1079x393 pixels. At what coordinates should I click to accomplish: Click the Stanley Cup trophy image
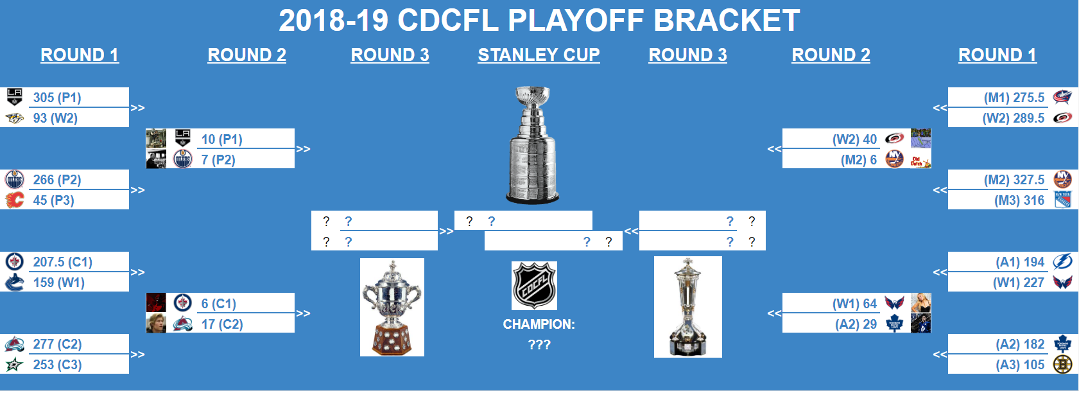(533, 144)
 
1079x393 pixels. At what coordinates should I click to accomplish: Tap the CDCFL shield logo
(534, 286)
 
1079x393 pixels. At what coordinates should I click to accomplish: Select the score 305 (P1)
(57, 98)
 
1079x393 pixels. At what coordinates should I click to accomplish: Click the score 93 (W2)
(55, 118)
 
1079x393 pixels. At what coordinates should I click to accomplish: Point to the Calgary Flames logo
(15, 200)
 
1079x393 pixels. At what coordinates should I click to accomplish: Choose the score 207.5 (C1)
(63, 262)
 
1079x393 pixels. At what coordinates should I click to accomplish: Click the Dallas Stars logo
(15, 365)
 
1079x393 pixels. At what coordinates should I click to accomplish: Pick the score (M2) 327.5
(1014, 180)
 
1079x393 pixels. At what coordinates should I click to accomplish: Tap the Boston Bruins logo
(1062, 364)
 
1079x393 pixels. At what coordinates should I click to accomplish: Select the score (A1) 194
(1020, 262)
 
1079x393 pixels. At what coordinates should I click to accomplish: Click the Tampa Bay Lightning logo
(1062, 261)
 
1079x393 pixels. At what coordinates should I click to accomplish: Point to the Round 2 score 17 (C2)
(222, 324)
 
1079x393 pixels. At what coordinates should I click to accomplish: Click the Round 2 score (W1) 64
(854, 303)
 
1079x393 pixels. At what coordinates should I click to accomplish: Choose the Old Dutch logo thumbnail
(920, 159)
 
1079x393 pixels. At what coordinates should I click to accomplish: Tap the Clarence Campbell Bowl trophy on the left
(392, 307)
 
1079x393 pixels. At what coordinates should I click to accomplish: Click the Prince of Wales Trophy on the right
(688, 307)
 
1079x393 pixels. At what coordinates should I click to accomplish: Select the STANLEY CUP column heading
(539, 55)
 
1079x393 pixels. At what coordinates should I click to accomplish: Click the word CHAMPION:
(539, 324)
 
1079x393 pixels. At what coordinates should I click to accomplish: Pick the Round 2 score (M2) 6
(859, 160)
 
